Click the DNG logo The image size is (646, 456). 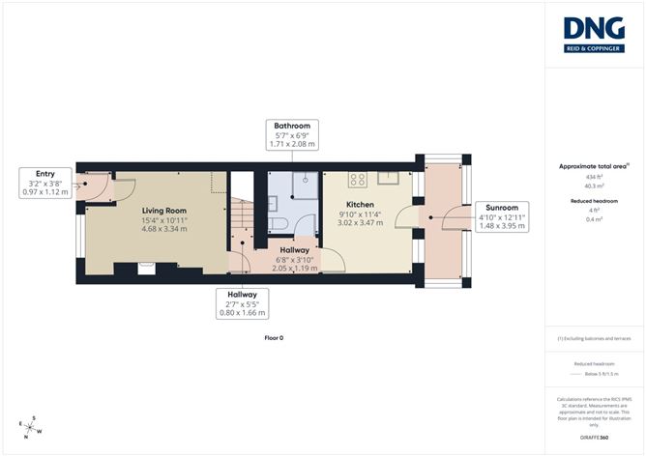tap(595, 35)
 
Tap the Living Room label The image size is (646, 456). tap(163, 210)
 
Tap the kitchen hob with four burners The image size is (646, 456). tap(356, 179)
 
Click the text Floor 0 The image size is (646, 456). tap(274, 337)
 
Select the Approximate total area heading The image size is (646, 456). tap(593, 166)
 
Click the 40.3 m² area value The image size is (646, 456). tap(595, 185)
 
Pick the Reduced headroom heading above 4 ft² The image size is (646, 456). tap(595, 200)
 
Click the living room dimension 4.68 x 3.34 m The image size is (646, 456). tap(163, 230)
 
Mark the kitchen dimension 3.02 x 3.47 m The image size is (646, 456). tap(360, 222)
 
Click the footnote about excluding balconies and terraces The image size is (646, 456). tap(595, 339)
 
